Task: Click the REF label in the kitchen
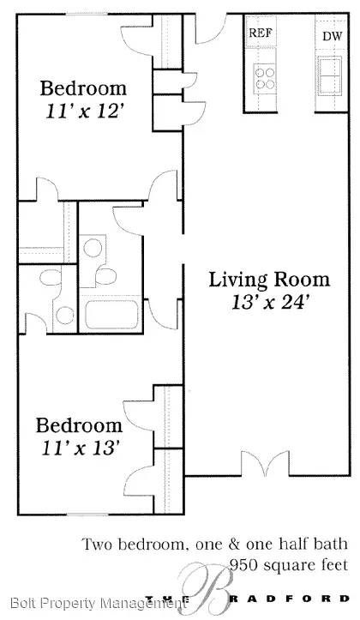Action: point(260,33)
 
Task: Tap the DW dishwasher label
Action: point(332,36)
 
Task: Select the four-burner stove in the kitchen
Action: point(264,78)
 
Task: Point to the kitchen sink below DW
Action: point(330,75)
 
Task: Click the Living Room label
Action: point(269,280)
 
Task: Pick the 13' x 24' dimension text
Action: point(269,303)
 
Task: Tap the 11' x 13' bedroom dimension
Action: point(81,448)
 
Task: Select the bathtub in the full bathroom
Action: point(111,315)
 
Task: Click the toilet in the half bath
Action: point(51,277)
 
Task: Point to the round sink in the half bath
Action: point(64,315)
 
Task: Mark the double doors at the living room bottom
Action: point(265,463)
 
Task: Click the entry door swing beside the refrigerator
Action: point(212,30)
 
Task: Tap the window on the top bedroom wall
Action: point(87,15)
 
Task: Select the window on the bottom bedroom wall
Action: point(87,515)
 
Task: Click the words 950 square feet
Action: point(289,564)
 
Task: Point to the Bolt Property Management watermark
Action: point(97,603)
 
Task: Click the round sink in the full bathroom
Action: point(93,248)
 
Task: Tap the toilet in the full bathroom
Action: point(105,276)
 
